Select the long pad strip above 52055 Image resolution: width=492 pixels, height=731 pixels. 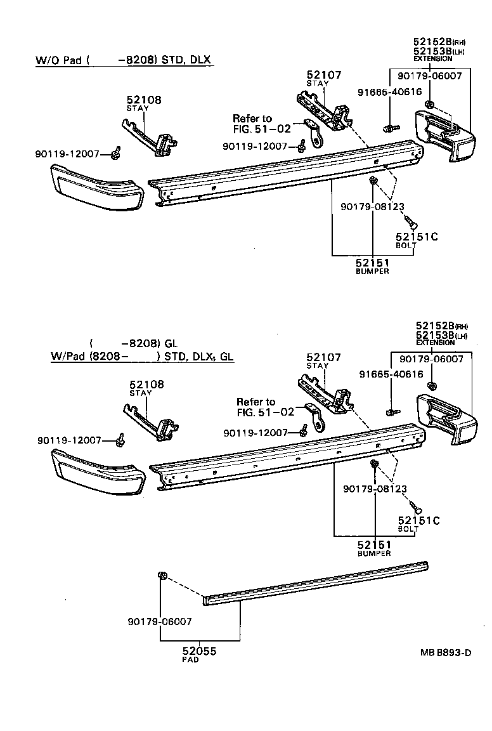point(317,581)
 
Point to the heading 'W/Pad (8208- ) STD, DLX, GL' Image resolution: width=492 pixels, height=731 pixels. point(142,356)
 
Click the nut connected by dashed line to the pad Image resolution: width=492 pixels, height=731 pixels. point(162,576)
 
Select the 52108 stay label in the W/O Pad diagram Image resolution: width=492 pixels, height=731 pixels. point(144,100)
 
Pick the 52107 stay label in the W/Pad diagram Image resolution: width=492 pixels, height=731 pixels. point(324,357)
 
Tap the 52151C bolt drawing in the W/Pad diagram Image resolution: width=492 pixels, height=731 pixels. point(415,506)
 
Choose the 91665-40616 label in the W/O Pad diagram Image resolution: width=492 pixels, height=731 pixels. point(389,91)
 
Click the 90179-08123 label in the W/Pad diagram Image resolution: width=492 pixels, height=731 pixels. point(375,489)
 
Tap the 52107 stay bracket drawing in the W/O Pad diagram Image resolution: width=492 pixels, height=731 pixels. point(324,112)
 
